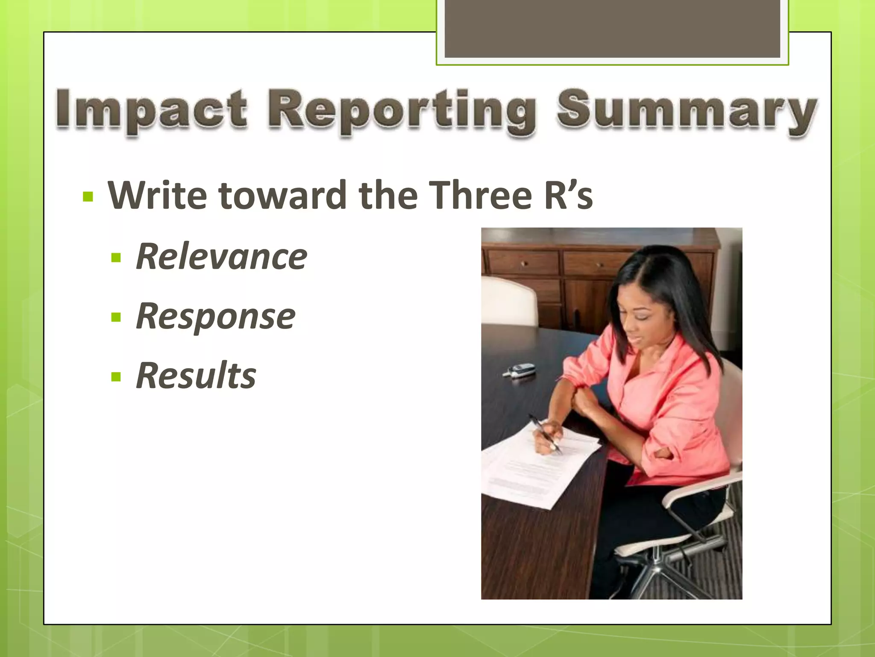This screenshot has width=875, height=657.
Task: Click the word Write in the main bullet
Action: [157, 195]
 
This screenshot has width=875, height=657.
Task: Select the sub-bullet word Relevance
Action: [221, 257]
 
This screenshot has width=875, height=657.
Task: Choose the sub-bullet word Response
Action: [215, 317]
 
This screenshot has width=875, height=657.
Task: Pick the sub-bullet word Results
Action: [196, 376]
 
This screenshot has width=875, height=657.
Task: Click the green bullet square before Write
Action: [88, 197]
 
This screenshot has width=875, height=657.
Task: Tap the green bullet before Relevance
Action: [116, 258]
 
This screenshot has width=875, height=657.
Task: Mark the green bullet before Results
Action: [116, 377]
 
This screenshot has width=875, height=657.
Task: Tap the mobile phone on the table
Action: [520, 370]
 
